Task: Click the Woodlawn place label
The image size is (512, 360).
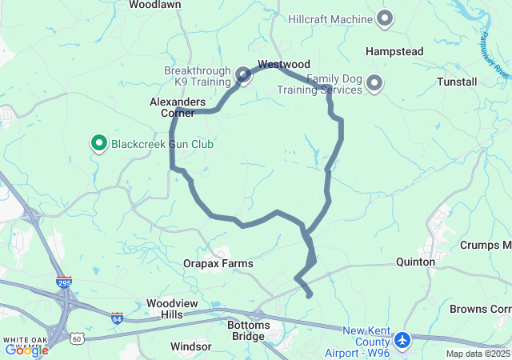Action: tap(155, 5)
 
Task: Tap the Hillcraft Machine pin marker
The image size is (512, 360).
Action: tap(385, 18)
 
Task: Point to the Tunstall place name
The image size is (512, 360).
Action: tap(457, 82)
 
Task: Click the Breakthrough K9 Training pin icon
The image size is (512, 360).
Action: tap(243, 75)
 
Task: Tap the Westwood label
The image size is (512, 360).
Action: tap(283, 64)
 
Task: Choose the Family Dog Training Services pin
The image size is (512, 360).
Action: tap(374, 82)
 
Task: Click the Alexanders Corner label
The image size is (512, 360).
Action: tap(178, 107)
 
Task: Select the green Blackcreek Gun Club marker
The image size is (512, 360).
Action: tap(100, 143)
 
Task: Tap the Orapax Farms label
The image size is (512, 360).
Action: tap(218, 263)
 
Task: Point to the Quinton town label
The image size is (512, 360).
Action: tap(416, 262)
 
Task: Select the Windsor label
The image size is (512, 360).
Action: tap(191, 347)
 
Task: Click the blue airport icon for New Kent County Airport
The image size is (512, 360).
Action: tap(402, 341)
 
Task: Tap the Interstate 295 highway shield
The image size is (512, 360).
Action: tap(65, 282)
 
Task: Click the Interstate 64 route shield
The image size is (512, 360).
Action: tap(117, 318)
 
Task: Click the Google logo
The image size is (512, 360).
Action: tap(26, 350)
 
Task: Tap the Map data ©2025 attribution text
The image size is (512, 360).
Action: tap(478, 354)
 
